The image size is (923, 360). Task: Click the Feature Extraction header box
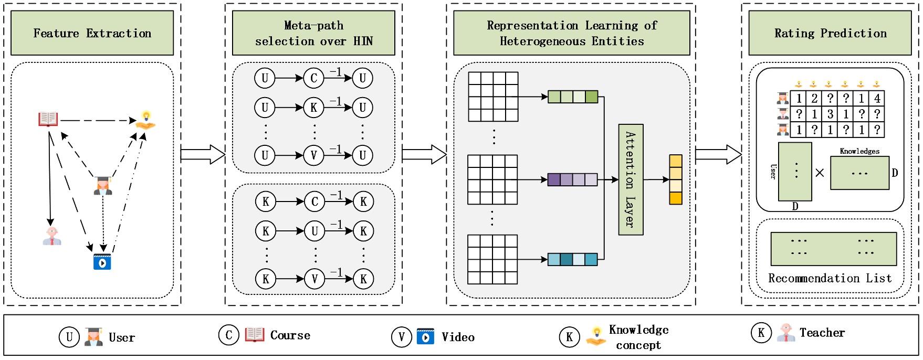[92, 33]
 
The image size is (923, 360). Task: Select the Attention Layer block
[631, 179]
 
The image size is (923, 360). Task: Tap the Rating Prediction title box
[830, 33]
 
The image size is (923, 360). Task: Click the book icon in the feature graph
[48, 119]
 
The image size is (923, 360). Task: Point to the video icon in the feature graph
[102, 261]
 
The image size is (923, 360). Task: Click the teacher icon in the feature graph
[52, 236]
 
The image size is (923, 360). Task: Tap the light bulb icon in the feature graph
[146, 120]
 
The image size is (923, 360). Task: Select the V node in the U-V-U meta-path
[313, 155]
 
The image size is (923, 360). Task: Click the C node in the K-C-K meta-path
[314, 202]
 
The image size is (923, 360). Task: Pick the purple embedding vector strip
[572, 179]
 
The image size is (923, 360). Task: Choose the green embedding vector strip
[572, 97]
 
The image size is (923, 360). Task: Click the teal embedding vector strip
[572, 259]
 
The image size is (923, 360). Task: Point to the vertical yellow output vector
[675, 179]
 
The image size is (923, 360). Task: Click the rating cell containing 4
[877, 98]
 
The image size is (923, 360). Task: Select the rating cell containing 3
[830, 114]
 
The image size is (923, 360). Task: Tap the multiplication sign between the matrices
[820, 173]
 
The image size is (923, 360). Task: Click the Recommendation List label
[830, 278]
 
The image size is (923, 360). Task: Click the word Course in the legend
[290, 335]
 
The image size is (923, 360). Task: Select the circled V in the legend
[402, 337]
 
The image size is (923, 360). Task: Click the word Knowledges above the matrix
[859, 151]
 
